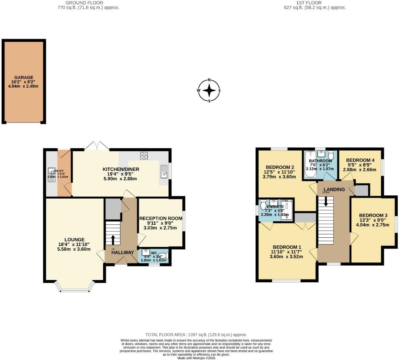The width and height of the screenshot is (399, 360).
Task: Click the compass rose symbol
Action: [209, 91]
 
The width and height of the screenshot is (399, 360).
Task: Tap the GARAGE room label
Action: [24, 78]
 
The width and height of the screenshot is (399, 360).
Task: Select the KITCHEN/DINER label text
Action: [120, 169]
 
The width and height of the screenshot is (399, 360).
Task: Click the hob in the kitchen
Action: [144, 156]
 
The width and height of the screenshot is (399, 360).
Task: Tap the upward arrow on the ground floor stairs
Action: [113, 239]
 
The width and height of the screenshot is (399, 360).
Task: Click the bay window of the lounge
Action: [75, 287]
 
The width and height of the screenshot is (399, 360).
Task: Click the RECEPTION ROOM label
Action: [160, 218]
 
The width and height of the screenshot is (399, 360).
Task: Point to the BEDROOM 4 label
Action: [360, 160]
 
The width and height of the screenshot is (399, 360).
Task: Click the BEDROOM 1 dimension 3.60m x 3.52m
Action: [287, 257]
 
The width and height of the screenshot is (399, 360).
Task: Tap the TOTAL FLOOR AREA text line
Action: [196, 335]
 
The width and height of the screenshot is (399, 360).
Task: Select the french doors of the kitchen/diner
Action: [97, 146]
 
